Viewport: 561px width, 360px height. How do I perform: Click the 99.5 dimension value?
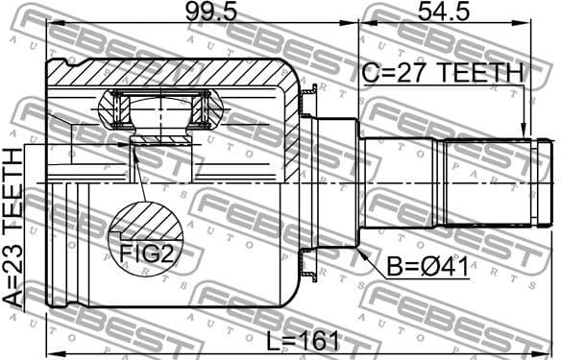point(202,13)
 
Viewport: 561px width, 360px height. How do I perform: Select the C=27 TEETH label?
point(443,73)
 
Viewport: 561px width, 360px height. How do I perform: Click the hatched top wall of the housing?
point(173,72)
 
